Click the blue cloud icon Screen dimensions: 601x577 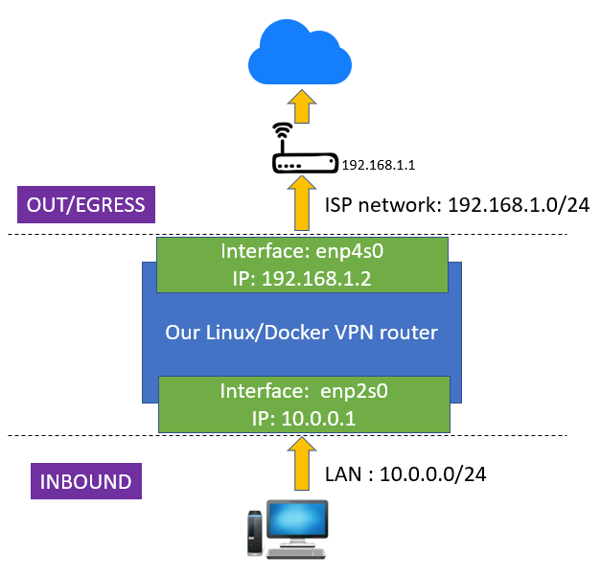(300, 53)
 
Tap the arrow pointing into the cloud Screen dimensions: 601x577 (302, 106)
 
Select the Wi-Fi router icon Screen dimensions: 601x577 (305, 148)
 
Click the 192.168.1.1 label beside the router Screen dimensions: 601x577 (379, 165)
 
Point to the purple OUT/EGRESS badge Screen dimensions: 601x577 (86, 205)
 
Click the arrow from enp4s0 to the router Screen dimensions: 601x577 (302, 203)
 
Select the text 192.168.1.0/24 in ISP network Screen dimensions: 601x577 (519, 205)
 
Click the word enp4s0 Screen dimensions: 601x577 (350, 252)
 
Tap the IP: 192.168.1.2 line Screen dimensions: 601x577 (302, 279)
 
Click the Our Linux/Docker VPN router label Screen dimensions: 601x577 (302, 333)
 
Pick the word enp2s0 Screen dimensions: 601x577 (354, 391)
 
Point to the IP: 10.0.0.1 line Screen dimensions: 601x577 (304, 418)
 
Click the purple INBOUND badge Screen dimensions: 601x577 (86, 481)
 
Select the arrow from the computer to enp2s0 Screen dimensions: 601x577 (302, 463)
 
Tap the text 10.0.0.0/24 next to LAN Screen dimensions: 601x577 (432, 474)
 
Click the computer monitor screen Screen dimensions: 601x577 (298, 519)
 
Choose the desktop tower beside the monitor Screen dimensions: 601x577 (255, 533)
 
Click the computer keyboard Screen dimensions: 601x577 (296, 553)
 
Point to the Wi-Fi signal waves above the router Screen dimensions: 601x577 (283, 130)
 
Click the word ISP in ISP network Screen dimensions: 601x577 (338, 205)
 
